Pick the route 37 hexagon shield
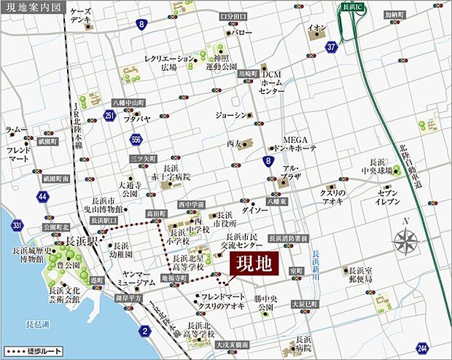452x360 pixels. (x=332, y=47)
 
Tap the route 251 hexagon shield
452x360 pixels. (x=109, y=115)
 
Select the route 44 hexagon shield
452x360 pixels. (x=43, y=196)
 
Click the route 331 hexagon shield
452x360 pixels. (x=16, y=226)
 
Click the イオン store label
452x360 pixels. (x=316, y=28)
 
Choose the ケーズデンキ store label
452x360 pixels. (x=80, y=18)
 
